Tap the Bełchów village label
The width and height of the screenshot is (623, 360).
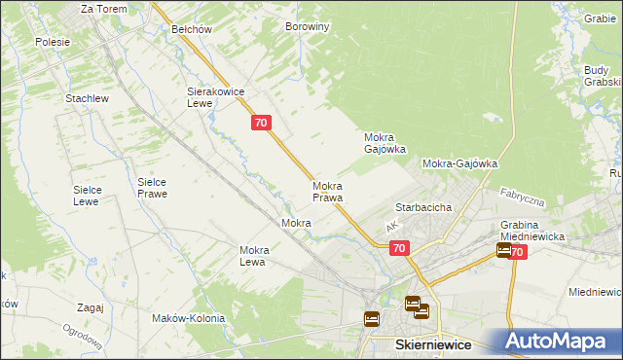(x=192, y=29)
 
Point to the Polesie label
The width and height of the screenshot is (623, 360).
(x=53, y=43)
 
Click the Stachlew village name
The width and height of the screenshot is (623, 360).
(x=87, y=99)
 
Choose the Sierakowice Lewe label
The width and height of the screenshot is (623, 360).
(x=214, y=97)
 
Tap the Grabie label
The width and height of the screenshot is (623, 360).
(x=601, y=18)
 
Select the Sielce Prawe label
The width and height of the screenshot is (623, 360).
(x=152, y=187)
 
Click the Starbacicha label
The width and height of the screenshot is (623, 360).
(x=421, y=208)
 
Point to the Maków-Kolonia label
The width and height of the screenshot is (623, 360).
(x=188, y=318)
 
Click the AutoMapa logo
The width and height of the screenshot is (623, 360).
(x=558, y=341)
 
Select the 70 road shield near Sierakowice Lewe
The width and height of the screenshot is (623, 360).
(x=260, y=123)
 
